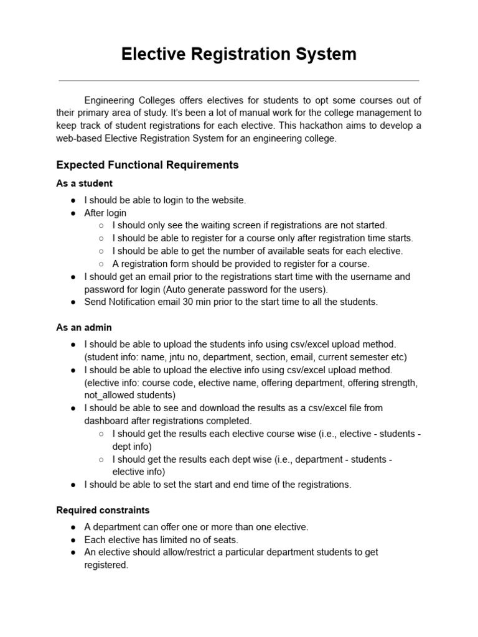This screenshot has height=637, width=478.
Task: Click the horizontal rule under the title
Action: [x=238, y=80]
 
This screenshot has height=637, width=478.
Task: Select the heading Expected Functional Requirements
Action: [x=147, y=165]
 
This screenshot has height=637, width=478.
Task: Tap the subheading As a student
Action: [x=84, y=184]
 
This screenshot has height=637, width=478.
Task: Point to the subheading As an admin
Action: [x=84, y=327]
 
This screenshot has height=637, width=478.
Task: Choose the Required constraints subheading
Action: [x=103, y=510]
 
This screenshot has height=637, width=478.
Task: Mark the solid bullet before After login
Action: [x=73, y=213]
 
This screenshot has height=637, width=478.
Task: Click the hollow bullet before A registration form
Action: [x=101, y=264]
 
